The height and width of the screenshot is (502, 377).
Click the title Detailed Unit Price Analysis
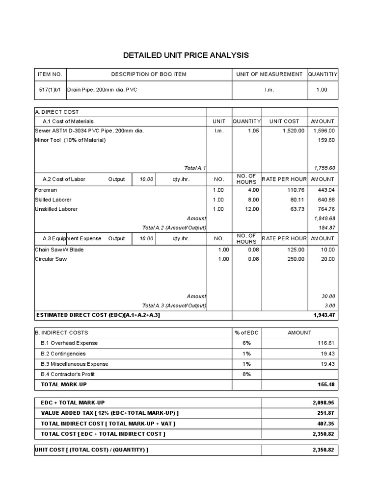point(186,55)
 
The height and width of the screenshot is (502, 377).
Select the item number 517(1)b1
point(50,90)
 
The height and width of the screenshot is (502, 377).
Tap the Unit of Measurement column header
point(269,74)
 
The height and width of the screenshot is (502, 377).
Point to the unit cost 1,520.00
point(294,131)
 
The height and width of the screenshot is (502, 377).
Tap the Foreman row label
point(46,190)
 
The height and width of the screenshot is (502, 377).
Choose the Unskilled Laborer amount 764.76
point(326,209)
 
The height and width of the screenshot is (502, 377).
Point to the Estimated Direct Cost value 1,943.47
point(324,315)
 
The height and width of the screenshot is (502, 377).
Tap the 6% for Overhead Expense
point(246,343)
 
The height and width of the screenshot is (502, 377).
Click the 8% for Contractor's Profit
point(246,374)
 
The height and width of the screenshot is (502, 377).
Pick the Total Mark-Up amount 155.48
point(326,385)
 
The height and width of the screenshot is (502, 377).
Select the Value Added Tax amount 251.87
point(326,413)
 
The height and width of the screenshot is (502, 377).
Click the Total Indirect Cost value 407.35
point(326,424)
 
